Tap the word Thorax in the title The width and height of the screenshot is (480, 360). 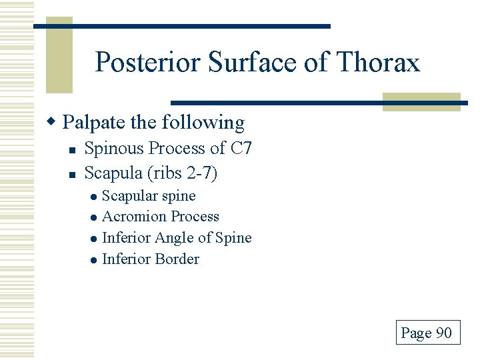(x=380, y=63)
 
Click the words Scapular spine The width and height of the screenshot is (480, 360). (x=149, y=195)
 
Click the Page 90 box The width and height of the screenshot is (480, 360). (x=427, y=332)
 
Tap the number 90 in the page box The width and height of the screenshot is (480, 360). (x=444, y=333)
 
